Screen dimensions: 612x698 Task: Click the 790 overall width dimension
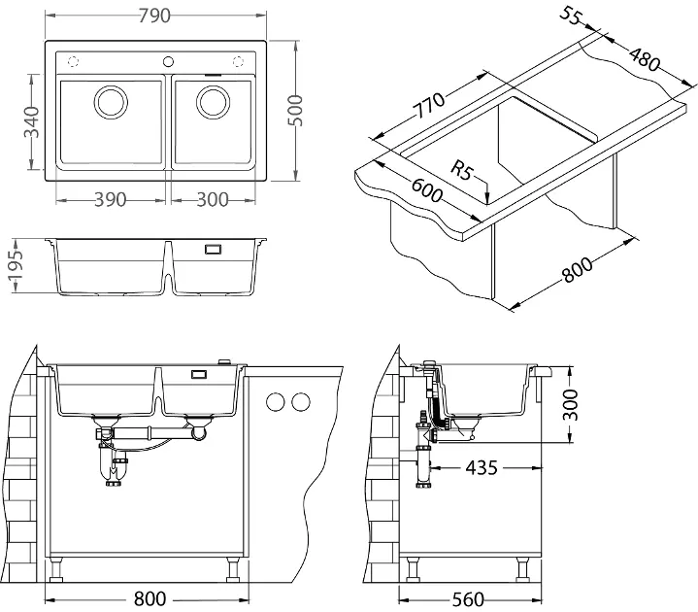click(156, 15)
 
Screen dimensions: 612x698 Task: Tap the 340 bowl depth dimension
click(30, 122)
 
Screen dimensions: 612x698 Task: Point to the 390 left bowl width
click(112, 199)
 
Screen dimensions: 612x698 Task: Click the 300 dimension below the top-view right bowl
click(212, 199)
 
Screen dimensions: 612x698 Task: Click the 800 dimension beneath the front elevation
click(149, 598)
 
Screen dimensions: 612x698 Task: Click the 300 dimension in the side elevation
click(571, 400)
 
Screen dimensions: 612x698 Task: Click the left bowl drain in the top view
click(110, 101)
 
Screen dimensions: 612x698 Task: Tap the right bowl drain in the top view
click(214, 101)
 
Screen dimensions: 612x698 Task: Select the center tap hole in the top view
click(168, 59)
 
